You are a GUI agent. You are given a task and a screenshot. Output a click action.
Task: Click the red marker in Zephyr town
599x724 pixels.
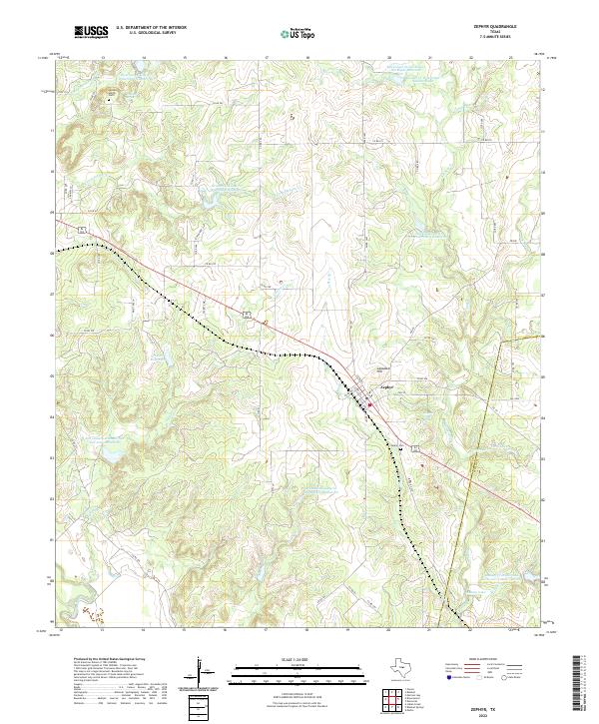370,404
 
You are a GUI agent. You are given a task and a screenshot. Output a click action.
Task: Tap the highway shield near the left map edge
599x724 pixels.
87,230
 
